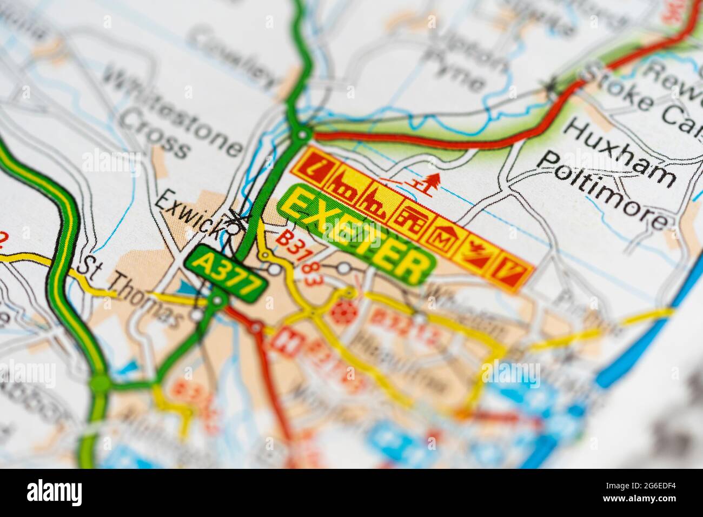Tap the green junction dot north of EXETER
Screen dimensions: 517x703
click(x=303, y=134)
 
